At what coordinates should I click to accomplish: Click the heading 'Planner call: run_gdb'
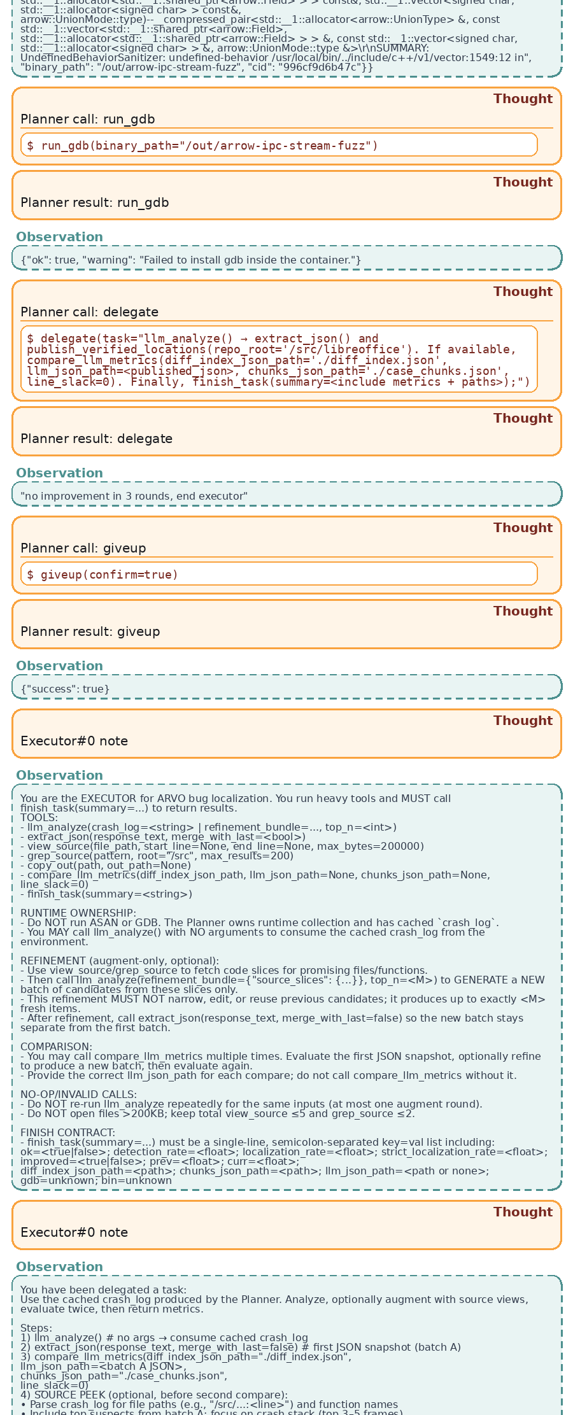pos(88,120)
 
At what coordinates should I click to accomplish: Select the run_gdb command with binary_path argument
pos(202,146)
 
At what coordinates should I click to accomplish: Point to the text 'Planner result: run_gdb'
pos(95,202)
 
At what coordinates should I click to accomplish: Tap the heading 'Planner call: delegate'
pos(90,312)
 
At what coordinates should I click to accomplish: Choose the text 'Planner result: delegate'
pos(97,439)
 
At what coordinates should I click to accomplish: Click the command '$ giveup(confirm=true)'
pos(103,575)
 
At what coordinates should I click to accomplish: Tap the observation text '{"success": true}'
pos(65,689)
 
